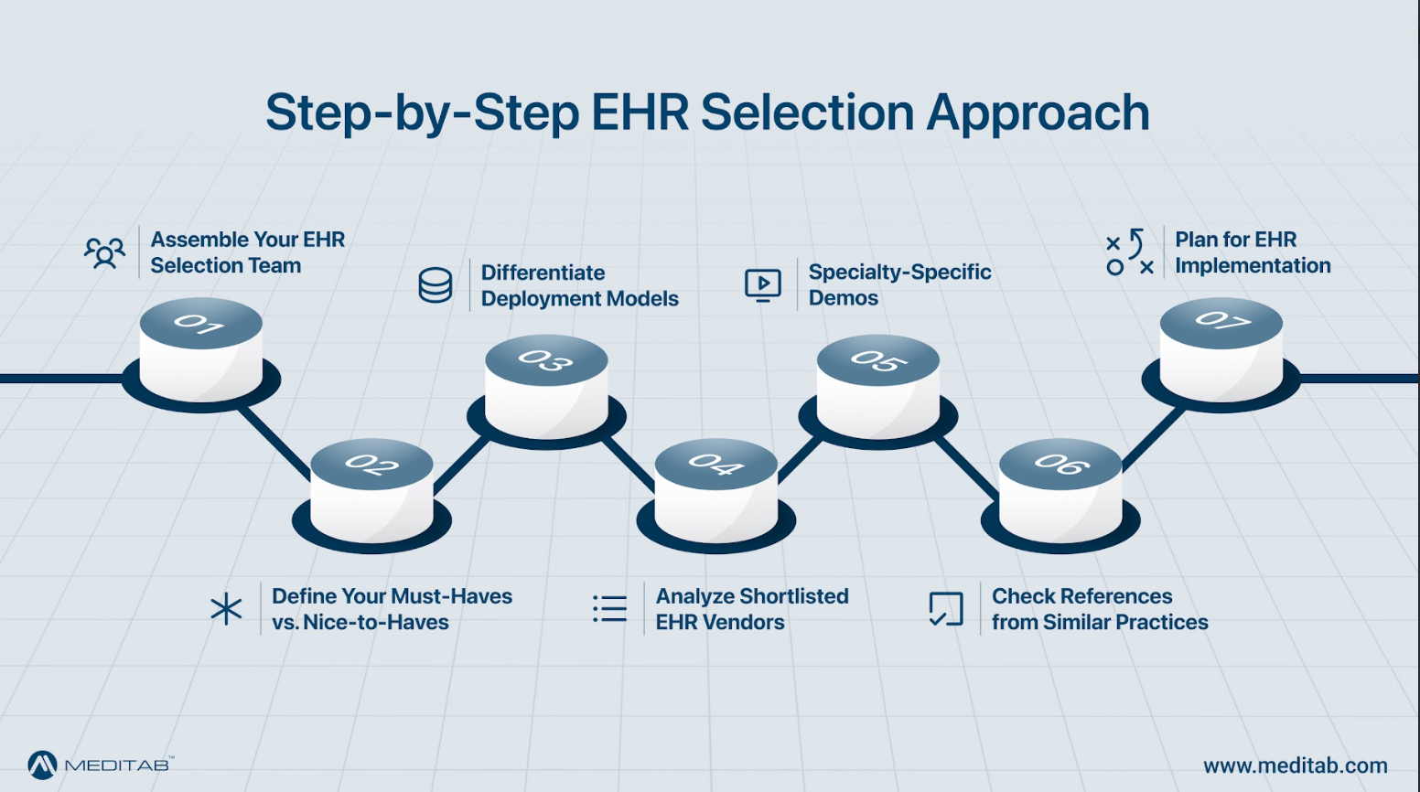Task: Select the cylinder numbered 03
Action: tap(546, 388)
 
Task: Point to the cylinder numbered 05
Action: tap(877, 388)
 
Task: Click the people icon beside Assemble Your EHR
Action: tap(104, 252)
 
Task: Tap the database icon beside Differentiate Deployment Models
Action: tap(435, 285)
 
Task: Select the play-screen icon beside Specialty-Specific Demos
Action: tap(762, 285)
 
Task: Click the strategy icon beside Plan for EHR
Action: tap(1129, 252)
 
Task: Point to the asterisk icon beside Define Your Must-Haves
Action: tap(226, 609)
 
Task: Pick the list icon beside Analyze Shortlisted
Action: tap(609, 609)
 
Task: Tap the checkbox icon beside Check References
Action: tap(946, 609)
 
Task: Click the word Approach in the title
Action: tap(1038, 113)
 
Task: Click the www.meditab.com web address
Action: tap(1295, 765)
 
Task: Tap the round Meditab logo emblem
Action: tap(42, 765)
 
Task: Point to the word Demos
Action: tap(843, 298)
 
